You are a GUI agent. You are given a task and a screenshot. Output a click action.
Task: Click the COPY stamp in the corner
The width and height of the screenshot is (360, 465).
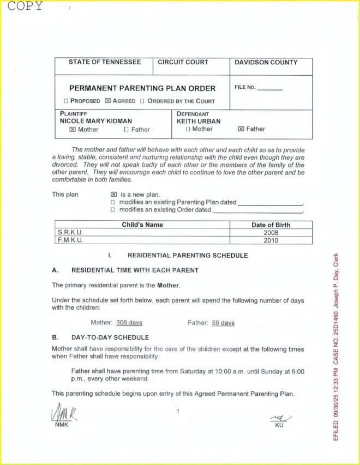pos(25,6)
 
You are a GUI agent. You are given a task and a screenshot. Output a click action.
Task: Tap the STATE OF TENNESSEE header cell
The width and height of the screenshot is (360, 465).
pos(104,62)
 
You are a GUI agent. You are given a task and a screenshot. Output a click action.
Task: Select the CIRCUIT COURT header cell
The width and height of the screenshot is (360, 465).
pos(183,62)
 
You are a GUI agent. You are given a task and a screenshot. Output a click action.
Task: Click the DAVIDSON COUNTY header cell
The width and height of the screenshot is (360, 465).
pos(266,62)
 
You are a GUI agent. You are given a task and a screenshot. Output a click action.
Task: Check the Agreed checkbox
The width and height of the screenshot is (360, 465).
pos(108,101)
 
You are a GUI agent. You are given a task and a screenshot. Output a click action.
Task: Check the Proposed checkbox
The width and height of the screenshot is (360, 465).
pos(66,101)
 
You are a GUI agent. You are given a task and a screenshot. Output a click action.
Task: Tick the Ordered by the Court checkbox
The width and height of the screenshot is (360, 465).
pos(142,101)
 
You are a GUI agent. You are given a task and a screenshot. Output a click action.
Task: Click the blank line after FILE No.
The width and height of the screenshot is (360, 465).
pos(270,88)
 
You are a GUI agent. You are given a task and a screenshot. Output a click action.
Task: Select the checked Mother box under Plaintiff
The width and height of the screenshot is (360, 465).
pos(72,130)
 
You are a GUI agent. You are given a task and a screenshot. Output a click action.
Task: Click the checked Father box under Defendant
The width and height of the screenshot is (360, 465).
pos(241,129)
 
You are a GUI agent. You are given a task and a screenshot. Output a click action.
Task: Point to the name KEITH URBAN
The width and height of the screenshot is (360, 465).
pos(195,121)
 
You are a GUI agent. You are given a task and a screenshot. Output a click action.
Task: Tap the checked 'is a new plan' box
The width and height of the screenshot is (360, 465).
pos(113,194)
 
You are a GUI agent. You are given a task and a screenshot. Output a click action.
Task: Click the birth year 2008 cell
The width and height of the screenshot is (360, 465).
pos(271,232)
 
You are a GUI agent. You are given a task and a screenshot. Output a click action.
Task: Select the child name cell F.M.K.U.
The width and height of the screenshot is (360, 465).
pos(70,240)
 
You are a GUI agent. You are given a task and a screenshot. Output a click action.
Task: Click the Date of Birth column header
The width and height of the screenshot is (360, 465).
pos(271,225)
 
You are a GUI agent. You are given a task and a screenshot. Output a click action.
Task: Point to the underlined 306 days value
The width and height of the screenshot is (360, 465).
pos(129,323)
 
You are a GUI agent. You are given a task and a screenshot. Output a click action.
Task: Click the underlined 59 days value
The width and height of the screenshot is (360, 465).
pos(223,323)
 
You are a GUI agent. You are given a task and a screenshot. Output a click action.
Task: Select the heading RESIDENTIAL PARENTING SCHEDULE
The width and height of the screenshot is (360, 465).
pos(188,255)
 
